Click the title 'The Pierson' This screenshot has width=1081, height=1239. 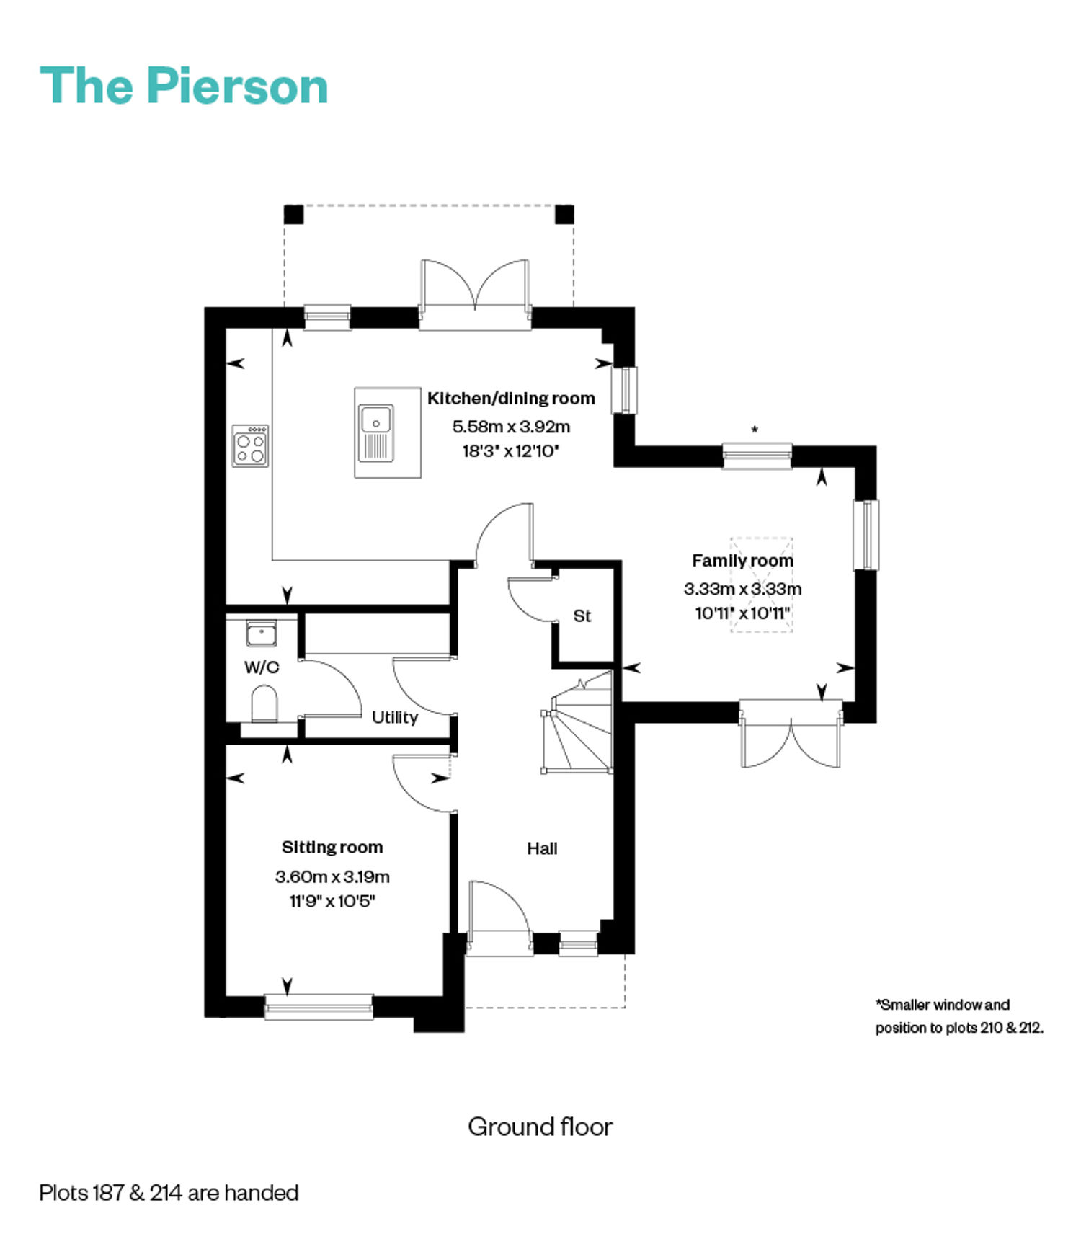[184, 86]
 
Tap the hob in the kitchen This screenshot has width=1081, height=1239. [250, 445]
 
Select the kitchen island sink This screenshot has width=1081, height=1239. [376, 432]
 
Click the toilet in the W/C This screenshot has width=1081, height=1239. [264, 703]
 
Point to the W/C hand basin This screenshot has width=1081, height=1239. [261, 634]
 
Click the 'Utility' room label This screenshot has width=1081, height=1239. [395, 717]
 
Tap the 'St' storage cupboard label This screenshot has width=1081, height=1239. [582, 616]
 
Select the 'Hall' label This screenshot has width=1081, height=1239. [542, 848]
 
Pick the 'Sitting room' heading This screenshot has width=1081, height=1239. [332, 847]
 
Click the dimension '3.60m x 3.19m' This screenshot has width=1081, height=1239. [332, 876]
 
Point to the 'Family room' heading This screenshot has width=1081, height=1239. [743, 560]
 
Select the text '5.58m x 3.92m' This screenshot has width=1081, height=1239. [511, 426]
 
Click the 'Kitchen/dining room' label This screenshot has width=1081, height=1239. [511, 398]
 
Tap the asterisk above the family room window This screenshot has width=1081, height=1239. [755, 430]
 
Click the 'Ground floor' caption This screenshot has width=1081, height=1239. [540, 1126]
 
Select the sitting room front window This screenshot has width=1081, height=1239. [319, 1006]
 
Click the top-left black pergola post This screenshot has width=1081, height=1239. [293, 215]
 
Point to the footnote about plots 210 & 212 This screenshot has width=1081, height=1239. [959, 1016]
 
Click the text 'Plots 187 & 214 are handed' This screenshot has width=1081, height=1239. [169, 1193]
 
